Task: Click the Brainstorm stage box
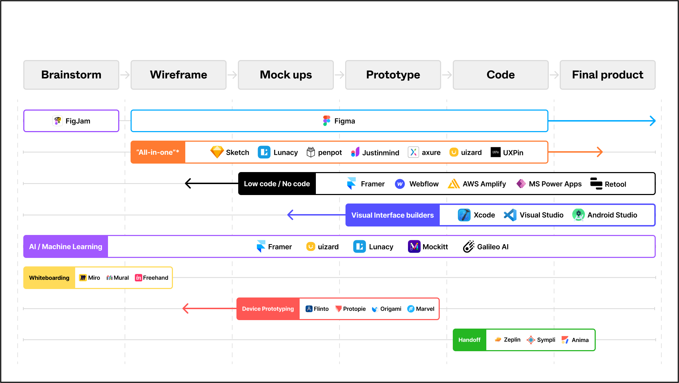pos(71,75)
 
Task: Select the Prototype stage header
pos(393,75)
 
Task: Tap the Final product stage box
pos(607,75)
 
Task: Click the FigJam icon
pos(58,121)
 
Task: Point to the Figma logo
pos(326,121)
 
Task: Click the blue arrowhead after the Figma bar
pos(653,121)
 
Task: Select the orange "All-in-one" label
pos(158,152)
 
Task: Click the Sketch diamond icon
pos(217,152)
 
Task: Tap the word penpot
pos(330,153)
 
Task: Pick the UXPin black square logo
pos(495,152)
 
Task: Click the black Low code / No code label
pos(277,184)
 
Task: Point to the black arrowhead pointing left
pos(188,183)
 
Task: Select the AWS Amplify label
pos(484,184)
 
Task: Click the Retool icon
pos(596,184)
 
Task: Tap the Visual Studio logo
pos(510,215)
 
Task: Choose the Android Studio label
pos(612,215)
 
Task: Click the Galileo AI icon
pos(468,247)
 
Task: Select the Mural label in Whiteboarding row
pos(121,278)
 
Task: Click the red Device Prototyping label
pos(268,309)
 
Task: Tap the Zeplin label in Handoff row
pos(512,340)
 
